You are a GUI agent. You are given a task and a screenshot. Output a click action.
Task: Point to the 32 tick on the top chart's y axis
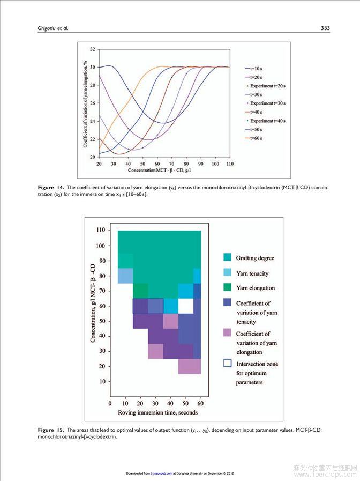point(92,49)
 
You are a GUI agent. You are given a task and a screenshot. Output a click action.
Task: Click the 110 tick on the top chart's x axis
point(230,163)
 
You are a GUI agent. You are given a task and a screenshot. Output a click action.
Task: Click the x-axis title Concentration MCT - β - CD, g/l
point(163,170)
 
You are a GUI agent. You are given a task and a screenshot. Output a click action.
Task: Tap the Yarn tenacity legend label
point(252,273)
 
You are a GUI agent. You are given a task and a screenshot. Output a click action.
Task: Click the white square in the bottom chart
point(185,306)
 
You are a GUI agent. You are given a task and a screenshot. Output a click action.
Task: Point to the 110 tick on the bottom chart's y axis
point(100,230)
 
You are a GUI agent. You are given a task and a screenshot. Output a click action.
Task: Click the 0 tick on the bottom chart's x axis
point(110,403)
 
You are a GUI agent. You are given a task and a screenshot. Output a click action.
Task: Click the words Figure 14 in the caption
point(52,187)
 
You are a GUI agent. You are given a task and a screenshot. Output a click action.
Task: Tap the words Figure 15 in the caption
point(52,430)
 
